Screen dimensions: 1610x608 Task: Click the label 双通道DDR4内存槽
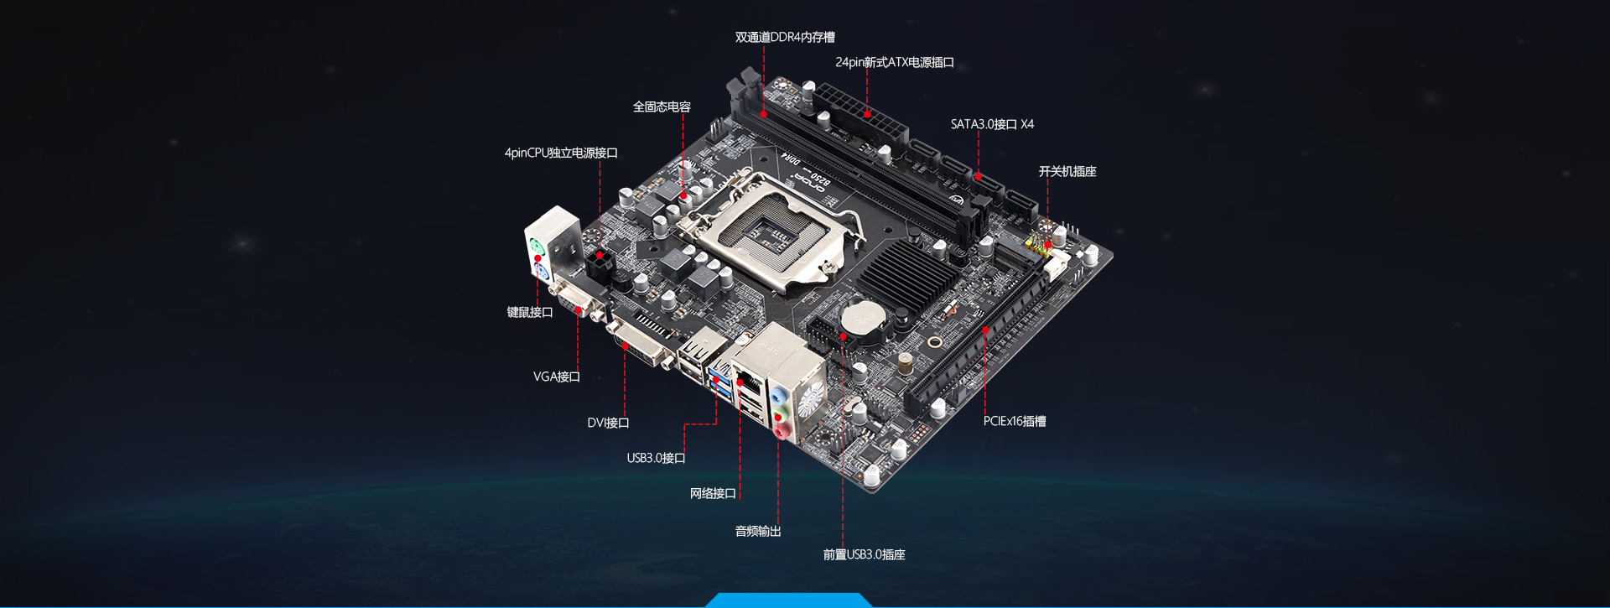tap(785, 37)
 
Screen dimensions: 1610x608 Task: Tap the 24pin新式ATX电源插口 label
tap(895, 62)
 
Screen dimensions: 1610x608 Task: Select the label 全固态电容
tap(662, 107)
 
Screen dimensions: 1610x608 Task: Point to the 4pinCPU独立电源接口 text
tap(561, 153)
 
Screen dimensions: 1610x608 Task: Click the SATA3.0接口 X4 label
tap(992, 124)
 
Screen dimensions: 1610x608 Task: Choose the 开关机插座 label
tap(1067, 171)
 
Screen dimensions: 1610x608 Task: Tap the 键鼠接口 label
tap(530, 312)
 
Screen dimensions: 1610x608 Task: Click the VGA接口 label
tap(557, 377)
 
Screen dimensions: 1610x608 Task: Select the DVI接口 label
tap(608, 423)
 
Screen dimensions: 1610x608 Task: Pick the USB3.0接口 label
tap(656, 458)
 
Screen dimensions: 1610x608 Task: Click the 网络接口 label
tap(713, 493)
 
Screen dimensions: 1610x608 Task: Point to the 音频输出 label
tap(758, 531)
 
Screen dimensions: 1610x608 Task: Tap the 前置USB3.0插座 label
tap(864, 554)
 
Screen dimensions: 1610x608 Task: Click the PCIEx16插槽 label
tap(1015, 421)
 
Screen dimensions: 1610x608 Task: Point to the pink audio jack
tap(781, 432)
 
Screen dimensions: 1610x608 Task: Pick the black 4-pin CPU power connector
tap(600, 266)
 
